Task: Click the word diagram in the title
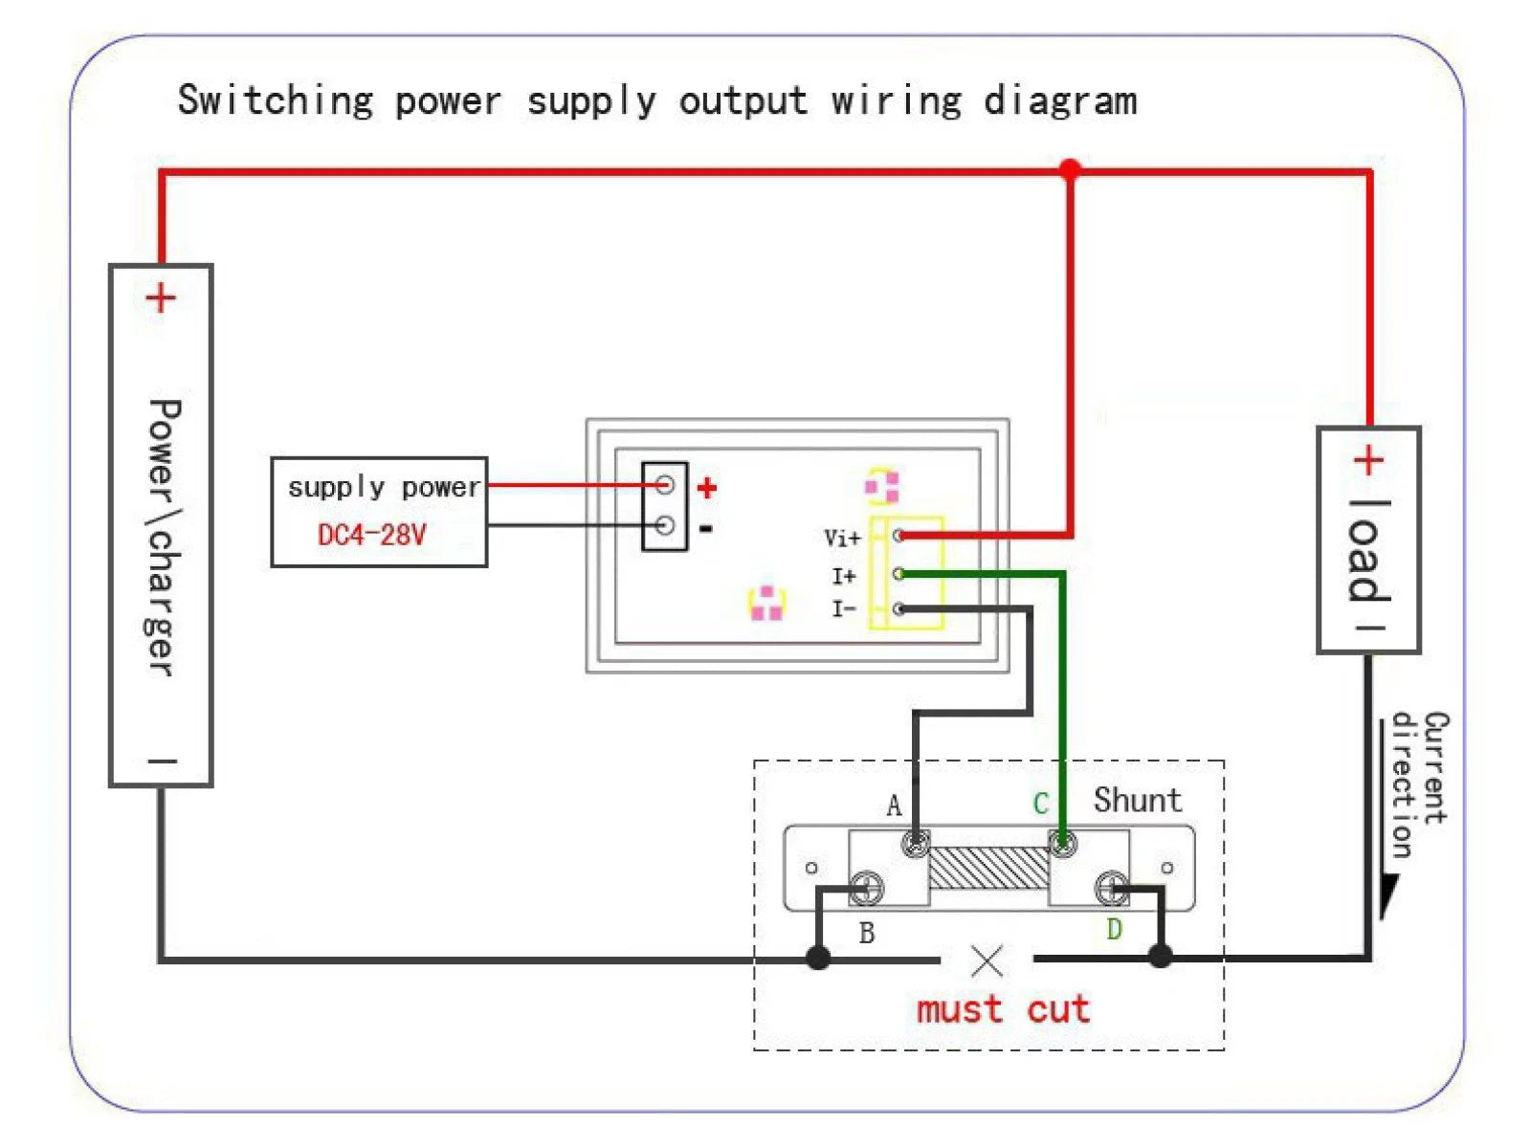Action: (1060, 101)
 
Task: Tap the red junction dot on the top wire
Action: (1070, 170)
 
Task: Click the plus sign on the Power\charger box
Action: (161, 298)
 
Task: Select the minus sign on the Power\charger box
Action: (162, 762)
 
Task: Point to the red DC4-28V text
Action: (371, 535)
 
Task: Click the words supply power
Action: (383, 488)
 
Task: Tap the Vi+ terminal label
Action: (842, 538)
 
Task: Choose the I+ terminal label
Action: (843, 576)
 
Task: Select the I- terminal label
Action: (843, 609)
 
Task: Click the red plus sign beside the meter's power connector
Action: (707, 489)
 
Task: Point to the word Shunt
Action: (1138, 800)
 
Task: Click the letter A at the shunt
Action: (894, 806)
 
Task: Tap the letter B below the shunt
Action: (867, 933)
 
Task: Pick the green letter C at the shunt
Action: (1041, 804)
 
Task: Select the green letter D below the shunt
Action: (1114, 929)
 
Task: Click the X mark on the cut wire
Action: (987, 960)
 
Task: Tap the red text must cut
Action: (1003, 1009)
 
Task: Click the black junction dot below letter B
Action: (818, 957)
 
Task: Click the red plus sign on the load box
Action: (1368, 461)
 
